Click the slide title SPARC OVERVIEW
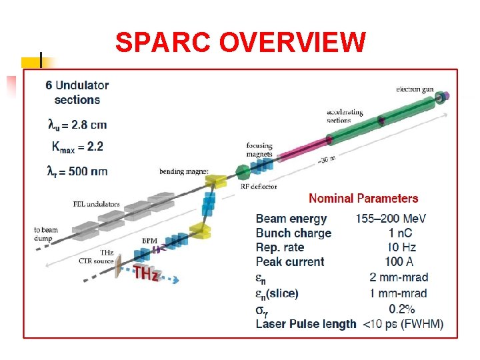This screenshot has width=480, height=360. point(240,43)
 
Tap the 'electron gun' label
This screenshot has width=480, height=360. point(417,89)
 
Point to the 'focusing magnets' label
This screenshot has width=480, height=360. point(259,149)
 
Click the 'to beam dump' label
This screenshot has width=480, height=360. point(46,234)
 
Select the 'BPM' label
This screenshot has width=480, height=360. point(149,240)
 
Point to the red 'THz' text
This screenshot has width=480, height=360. point(145,272)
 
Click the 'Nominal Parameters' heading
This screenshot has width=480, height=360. point(363,198)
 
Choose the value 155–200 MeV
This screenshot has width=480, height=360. point(391,219)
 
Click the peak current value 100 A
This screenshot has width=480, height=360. point(401,261)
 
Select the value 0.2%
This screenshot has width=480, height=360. point(402,309)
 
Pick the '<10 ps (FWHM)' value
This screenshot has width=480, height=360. point(403,324)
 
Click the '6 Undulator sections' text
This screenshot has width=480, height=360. point(77,93)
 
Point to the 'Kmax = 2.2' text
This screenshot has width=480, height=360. point(77,146)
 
